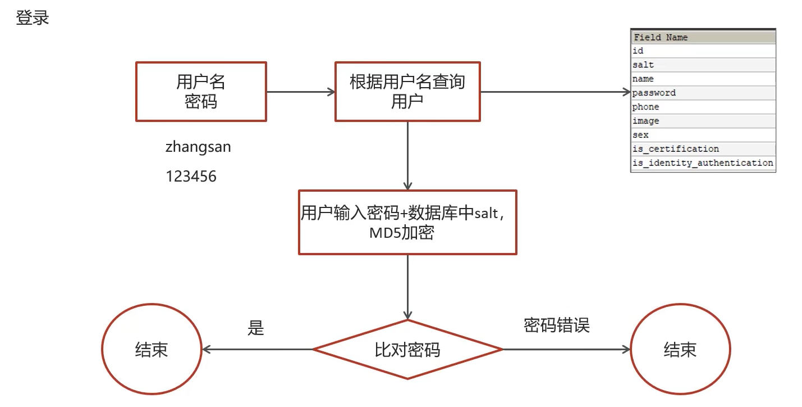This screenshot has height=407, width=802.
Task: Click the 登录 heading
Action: click(x=33, y=17)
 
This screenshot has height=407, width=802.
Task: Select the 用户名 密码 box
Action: click(x=201, y=92)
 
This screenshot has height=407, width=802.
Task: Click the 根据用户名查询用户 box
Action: click(x=407, y=92)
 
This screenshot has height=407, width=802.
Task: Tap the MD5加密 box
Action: click(x=407, y=222)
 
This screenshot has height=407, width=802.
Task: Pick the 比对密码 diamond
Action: click(x=407, y=350)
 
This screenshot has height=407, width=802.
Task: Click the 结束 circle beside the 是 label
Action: click(x=152, y=350)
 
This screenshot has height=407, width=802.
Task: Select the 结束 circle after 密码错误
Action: click(x=680, y=350)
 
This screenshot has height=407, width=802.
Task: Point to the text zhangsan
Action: click(x=198, y=147)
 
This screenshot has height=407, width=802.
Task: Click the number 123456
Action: click(x=191, y=177)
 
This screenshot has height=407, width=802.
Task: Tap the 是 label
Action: click(x=255, y=328)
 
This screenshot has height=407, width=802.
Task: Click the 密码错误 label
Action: click(x=557, y=325)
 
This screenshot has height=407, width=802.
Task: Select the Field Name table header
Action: click(x=703, y=38)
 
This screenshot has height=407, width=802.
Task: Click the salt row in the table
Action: click(x=703, y=65)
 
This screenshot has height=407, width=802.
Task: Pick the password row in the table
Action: click(x=703, y=93)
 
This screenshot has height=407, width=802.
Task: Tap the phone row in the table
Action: click(x=703, y=107)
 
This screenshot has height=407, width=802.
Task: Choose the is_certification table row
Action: click(x=703, y=149)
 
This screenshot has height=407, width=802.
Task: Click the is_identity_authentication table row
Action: click(x=703, y=163)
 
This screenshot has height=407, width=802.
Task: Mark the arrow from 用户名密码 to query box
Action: click(x=301, y=92)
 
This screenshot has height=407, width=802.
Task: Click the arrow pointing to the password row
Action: click(x=556, y=92)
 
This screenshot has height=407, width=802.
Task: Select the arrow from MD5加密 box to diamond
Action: click(x=407, y=287)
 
